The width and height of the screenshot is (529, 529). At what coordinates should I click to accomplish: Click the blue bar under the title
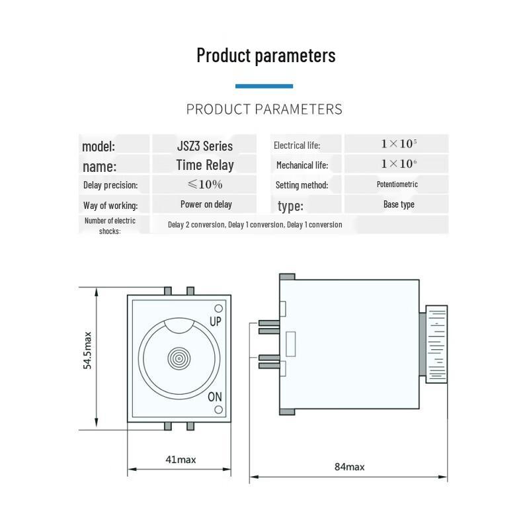click(x=264, y=86)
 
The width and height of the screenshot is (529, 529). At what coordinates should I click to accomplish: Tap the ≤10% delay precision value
click(x=205, y=184)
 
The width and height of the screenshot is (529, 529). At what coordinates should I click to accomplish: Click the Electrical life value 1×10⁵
click(x=399, y=143)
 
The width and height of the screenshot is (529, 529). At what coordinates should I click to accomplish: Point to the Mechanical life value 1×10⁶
click(x=399, y=163)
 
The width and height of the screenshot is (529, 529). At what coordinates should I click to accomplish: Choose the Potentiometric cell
click(x=397, y=184)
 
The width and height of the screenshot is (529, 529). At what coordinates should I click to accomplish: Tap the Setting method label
click(x=302, y=185)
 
